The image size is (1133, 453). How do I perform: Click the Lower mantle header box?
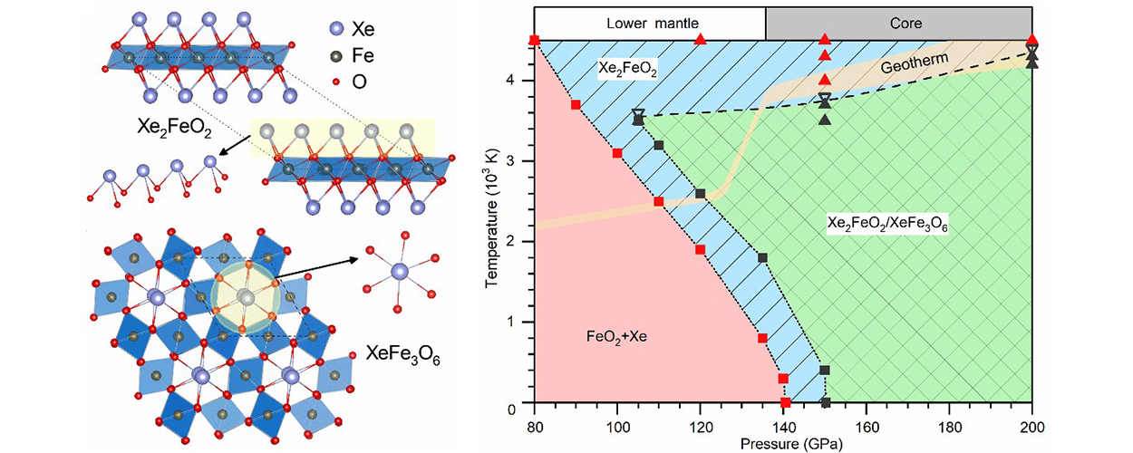(x=650, y=22)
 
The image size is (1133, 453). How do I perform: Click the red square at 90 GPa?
(x=576, y=105)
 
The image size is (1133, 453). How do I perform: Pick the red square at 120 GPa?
(x=700, y=249)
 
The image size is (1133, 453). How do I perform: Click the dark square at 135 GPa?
(x=762, y=258)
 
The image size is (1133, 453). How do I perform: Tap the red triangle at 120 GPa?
(x=700, y=40)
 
